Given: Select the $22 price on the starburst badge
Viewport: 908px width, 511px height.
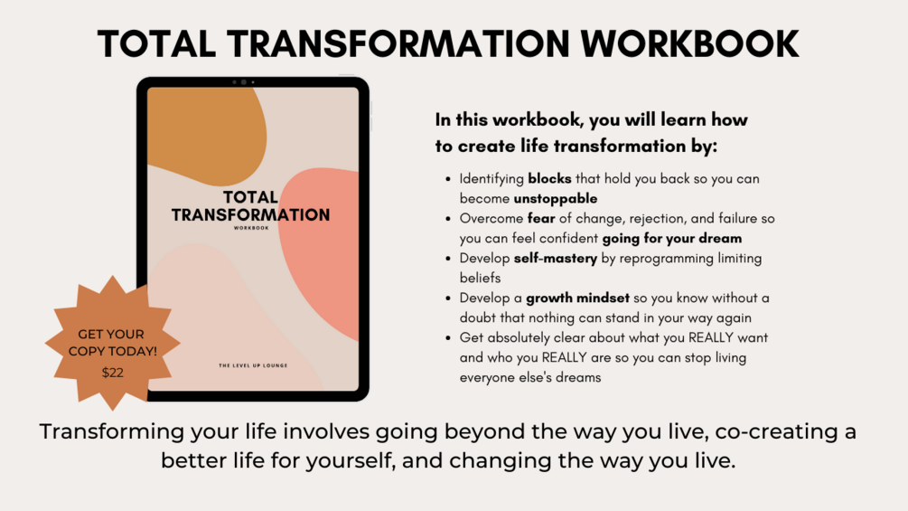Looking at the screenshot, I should point(113,372).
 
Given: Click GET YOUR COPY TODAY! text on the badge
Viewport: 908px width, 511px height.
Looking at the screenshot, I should point(112,342).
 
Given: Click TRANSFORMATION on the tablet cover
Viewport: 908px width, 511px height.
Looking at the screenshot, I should point(250,215).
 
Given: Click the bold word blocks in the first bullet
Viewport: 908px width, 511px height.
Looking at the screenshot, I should point(549,179).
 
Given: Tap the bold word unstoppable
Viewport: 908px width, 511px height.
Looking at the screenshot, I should point(556,197).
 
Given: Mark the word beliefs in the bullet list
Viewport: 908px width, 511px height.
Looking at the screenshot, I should point(480,278).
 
